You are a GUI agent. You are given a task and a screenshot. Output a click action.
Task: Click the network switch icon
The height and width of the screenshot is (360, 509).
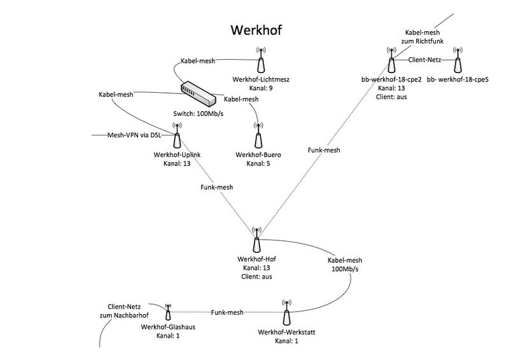point(199,93)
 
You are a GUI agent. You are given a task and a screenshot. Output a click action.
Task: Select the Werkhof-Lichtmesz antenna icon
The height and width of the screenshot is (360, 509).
point(260,61)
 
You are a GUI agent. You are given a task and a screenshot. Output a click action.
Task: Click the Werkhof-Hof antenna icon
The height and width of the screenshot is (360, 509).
point(256,240)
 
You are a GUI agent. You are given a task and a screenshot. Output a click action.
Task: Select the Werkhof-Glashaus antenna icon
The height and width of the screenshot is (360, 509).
point(168,312)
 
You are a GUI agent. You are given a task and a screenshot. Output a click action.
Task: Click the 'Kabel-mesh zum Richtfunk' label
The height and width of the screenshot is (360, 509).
point(423,36)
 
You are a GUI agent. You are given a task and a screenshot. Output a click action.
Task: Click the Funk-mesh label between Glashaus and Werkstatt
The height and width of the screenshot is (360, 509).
point(227,312)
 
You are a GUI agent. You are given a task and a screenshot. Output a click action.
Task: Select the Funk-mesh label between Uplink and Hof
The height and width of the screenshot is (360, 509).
point(216,187)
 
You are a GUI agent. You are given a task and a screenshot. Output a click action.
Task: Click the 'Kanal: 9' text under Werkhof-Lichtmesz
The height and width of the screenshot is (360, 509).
point(260,88)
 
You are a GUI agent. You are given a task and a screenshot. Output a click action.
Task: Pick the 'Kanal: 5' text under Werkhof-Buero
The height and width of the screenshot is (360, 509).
point(258,163)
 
